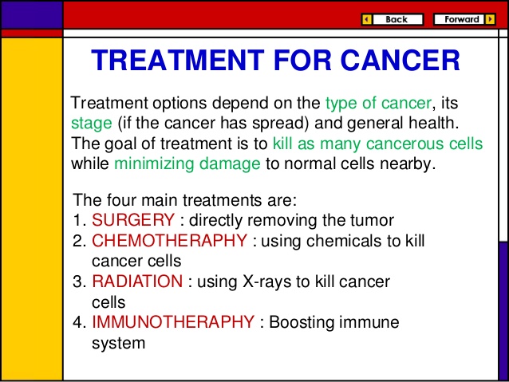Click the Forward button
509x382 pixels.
tap(464, 19)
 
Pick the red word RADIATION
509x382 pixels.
tap(137, 282)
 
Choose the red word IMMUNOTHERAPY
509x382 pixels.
tap(173, 323)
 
